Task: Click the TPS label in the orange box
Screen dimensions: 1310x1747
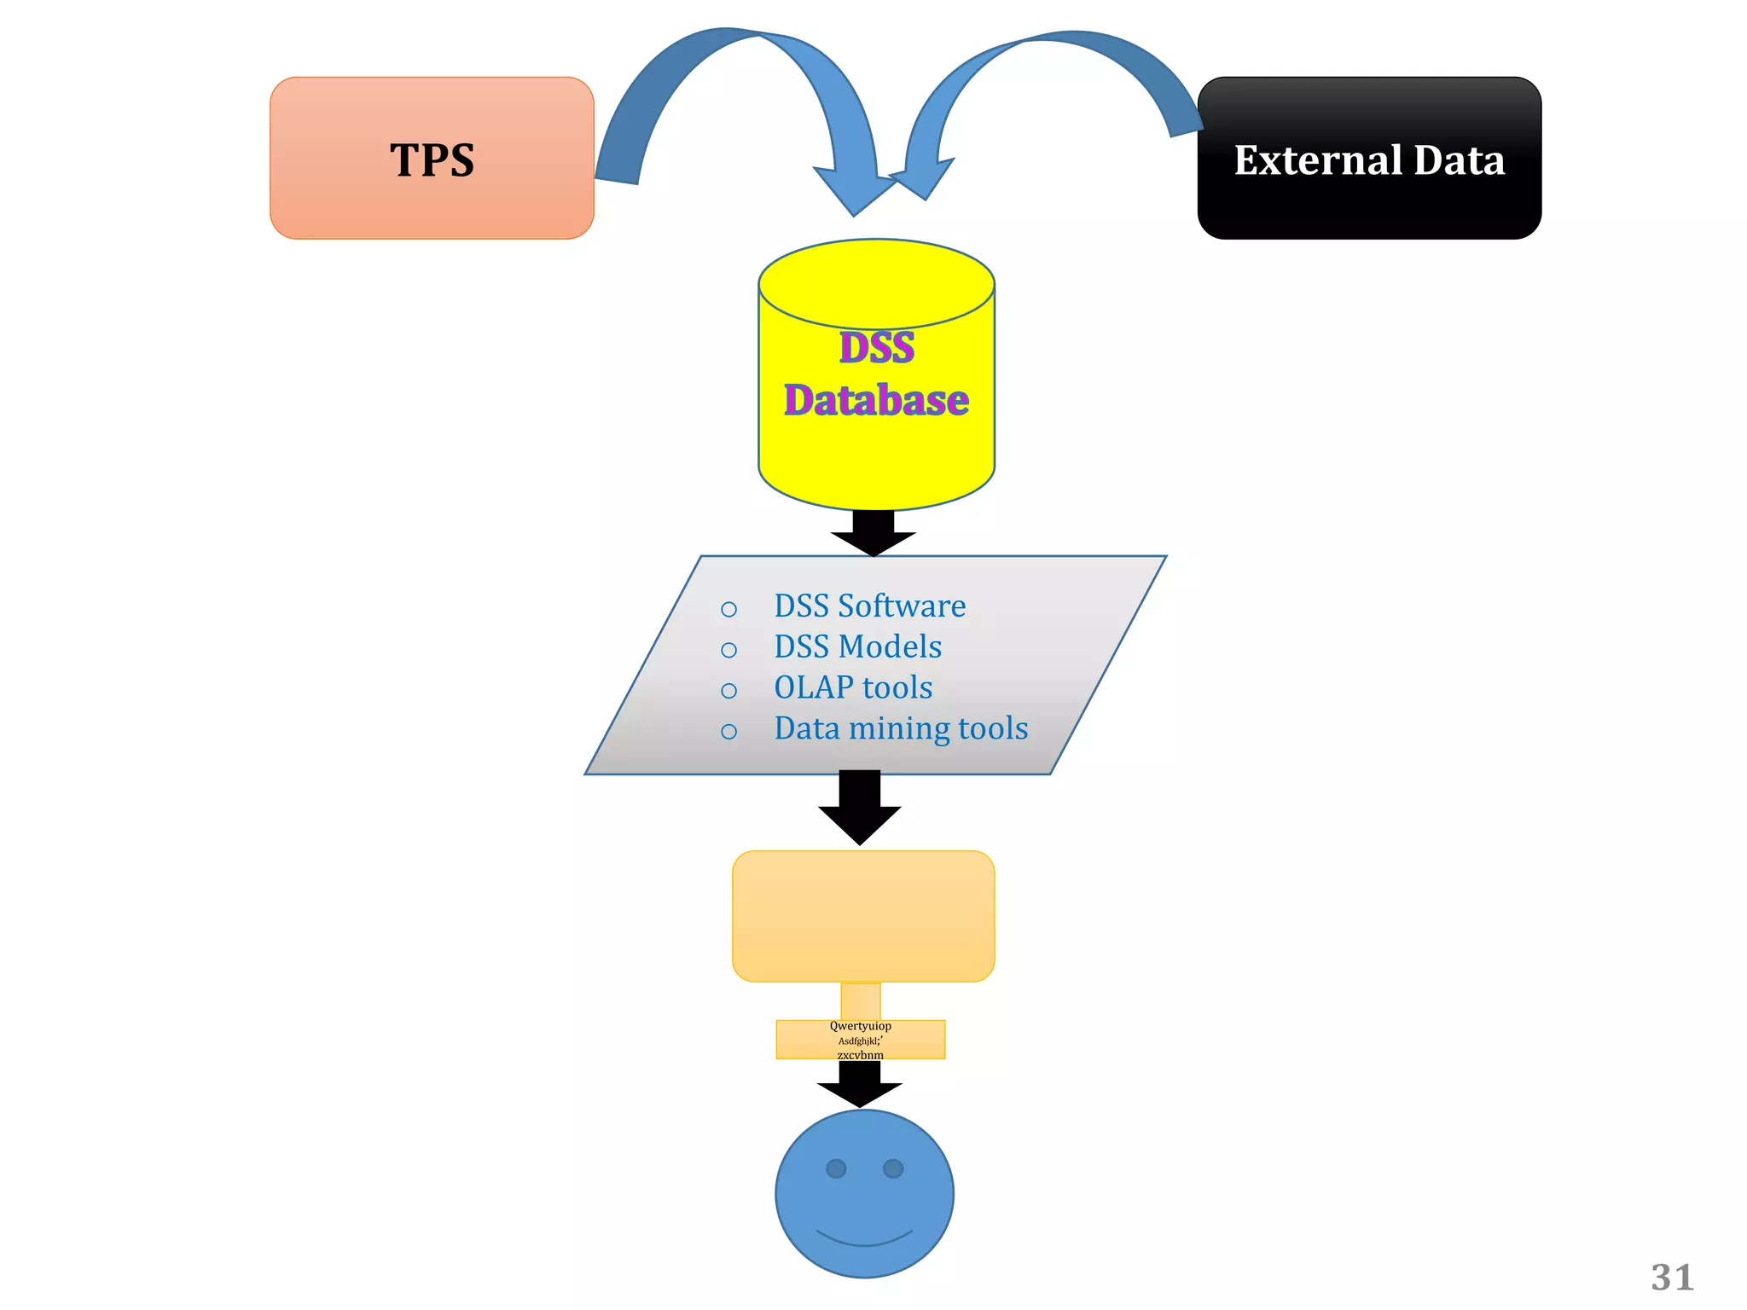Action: point(432,160)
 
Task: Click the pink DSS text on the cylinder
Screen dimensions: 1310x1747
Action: point(877,348)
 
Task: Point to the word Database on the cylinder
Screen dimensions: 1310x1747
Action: point(877,400)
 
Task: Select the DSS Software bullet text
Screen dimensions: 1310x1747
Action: point(869,606)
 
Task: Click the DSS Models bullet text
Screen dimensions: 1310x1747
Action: point(857,646)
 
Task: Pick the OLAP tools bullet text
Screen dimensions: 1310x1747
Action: point(853,687)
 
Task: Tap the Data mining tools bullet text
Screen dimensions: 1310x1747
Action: point(901,728)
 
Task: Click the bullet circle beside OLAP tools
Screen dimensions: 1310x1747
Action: point(728,691)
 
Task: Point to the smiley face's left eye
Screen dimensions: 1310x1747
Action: point(836,1168)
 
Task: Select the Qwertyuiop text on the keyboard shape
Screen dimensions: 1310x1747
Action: point(860,1026)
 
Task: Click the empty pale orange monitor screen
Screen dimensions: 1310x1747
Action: point(863,916)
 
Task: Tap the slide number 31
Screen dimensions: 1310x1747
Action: point(1672,1278)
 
